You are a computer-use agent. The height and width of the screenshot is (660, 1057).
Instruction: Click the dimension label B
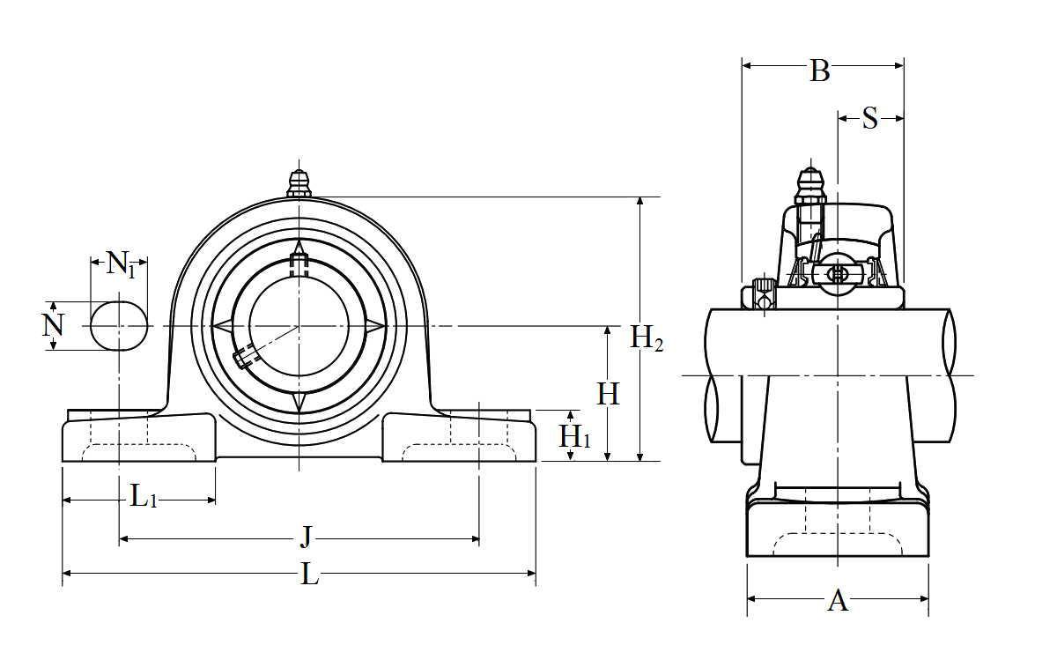(x=820, y=70)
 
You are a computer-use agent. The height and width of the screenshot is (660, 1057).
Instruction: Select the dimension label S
(x=870, y=118)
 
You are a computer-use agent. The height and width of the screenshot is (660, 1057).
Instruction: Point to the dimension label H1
(x=575, y=435)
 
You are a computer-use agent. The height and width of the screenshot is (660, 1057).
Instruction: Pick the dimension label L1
(x=143, y=498)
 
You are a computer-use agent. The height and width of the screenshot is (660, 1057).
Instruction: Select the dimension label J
(x=306, y=536)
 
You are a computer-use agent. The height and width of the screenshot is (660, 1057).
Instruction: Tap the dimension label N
(x=54, y=326)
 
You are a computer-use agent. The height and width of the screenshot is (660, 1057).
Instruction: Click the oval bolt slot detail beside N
(x=119, y=326)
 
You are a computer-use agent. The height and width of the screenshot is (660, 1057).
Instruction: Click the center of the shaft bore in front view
(x=299, y=326)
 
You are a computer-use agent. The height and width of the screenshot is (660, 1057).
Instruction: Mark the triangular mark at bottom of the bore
(x=299, y=402)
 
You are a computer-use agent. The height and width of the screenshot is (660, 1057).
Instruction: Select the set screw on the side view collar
(x=764, y=291)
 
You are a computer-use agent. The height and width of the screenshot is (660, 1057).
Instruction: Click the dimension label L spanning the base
(x=309, y=575)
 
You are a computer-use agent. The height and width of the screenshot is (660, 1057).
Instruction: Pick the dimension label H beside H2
(x=608, y=394)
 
